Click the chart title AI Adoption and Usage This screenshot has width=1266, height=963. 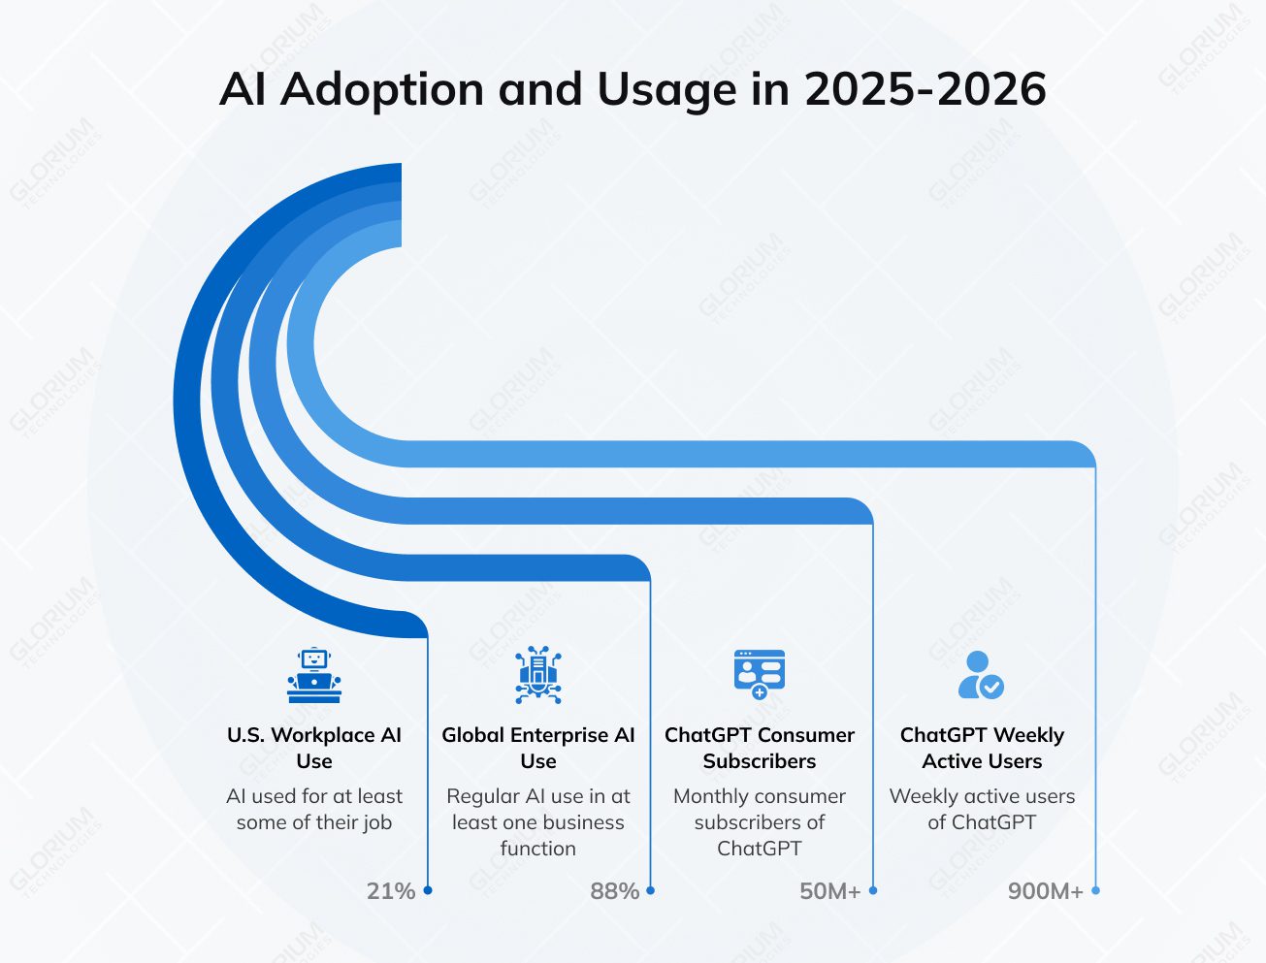[633, 89]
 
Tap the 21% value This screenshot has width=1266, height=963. [391, 890]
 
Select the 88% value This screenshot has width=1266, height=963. [615, 890]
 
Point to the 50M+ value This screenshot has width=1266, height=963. [830, 890]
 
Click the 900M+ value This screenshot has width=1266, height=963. [1046, 890]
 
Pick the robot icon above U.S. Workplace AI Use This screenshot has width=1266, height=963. [314, 675]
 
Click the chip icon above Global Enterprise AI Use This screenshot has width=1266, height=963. [538, 675]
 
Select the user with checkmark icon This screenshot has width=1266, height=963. [981, 675]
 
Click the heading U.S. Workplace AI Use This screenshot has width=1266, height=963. [314, 748]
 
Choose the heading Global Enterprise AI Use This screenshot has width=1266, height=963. [538, 748]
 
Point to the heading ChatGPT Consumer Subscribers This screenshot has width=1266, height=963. [760, 748]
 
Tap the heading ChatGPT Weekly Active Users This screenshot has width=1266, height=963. [982, 748]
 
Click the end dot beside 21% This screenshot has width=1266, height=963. [428, 890]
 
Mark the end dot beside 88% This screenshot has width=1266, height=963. [650, 890]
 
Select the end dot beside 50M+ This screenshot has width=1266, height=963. [873, 890]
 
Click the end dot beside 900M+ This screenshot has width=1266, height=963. [1095, 890]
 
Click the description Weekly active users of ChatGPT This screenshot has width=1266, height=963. [982, 809]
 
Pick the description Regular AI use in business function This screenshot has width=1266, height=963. [538, 821]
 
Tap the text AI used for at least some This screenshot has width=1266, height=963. [314, 809]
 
